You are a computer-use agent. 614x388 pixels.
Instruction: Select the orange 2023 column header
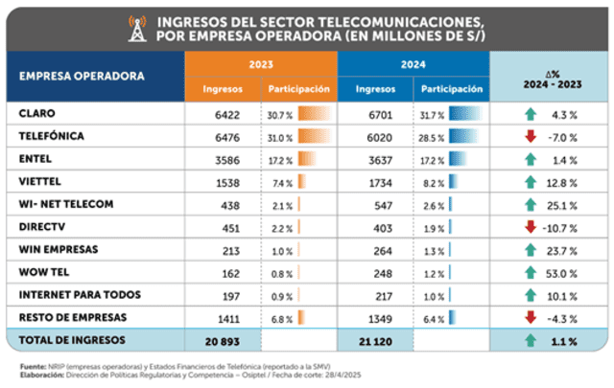coord(260,65)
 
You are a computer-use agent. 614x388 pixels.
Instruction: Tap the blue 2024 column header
coord(413,65)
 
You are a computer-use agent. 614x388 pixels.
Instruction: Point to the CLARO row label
coord(37,113)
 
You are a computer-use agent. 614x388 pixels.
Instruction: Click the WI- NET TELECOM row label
coord(66,204)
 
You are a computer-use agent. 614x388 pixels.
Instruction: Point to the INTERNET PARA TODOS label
coord(80,295)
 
